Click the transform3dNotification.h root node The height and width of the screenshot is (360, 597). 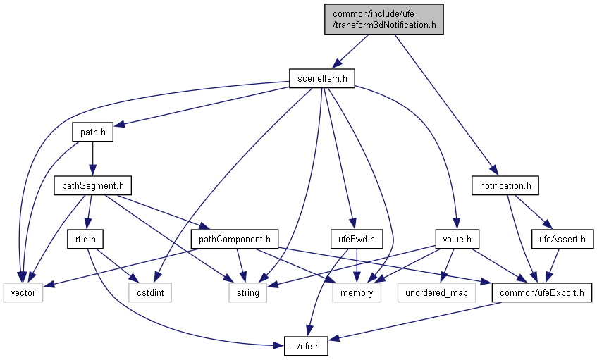384,19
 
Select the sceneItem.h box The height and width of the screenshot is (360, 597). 321,78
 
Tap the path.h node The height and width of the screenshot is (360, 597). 92,132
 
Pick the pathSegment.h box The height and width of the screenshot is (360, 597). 92,186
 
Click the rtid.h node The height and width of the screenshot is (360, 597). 85,239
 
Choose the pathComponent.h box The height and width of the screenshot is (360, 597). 235,239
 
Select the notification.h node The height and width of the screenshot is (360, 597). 505,186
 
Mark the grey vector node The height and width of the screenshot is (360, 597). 23,292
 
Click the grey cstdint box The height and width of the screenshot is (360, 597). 149,292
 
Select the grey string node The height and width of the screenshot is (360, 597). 247,292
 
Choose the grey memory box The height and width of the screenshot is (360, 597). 357,292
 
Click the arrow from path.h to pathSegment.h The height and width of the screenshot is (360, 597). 92,159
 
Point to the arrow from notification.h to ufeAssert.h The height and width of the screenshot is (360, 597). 531,211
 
